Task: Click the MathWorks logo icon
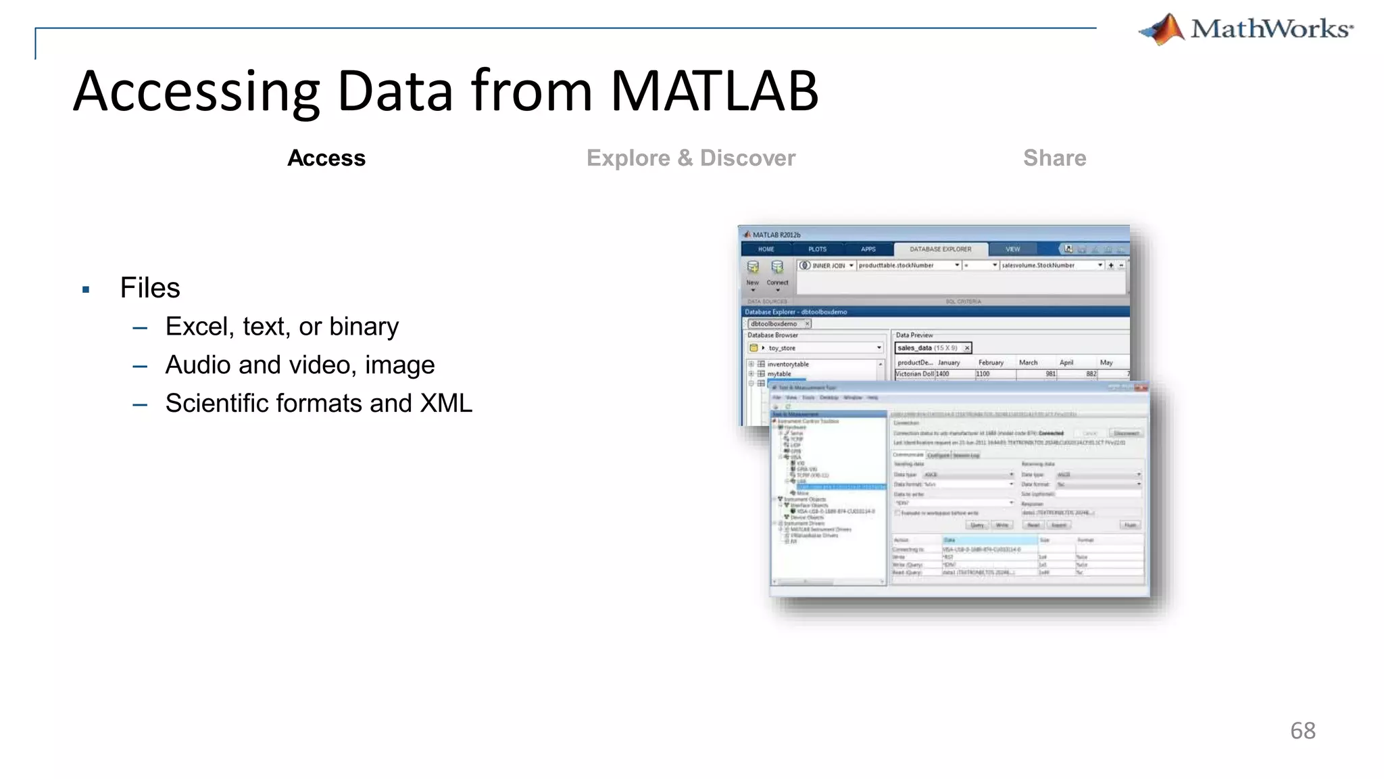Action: click(x=1163, y=30)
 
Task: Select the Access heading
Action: click(x=326, y=158)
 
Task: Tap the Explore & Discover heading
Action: click(x=691, y=158)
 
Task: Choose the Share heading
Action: click(x=1054, y=158)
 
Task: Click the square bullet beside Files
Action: click(x=86, y=290)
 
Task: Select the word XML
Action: click(x=446, y=404)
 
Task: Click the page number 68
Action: click(x=1302, y=731)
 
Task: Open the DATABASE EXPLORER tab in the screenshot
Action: click(x=940, y=250)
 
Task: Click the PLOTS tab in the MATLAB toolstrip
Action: click(x=817, y=250)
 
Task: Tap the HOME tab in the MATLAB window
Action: click(x=766, y=250)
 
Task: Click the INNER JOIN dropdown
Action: click(x=827, y=266)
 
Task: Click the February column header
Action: click(x=991, y=363)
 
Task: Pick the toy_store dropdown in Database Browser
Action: click(x=815, y=348)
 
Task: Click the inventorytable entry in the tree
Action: click(x=787, y=364)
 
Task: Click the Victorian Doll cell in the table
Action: click(x=914, y=374)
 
